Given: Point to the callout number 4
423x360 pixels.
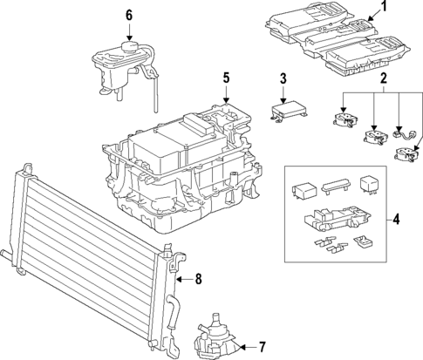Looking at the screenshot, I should [x=396, y=220].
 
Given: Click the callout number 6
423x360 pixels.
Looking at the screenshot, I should [x=129, y=15].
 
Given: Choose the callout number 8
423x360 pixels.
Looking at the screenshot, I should [x=198, y=280].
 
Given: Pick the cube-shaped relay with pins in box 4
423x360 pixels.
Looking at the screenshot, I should [x=368, y=187].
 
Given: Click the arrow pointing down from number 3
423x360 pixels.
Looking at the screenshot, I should [x=283, y=94].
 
